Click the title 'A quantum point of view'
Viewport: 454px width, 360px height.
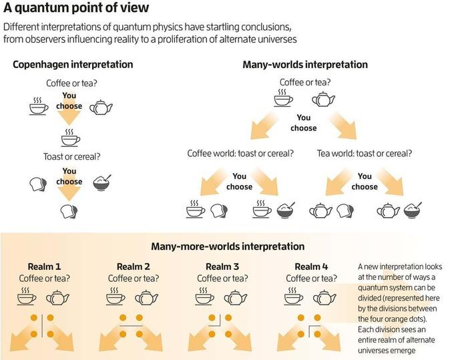[x=76, y=8]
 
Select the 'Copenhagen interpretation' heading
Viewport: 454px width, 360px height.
[x=73, y=64]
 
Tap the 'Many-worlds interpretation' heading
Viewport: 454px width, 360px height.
[x=305, y=64]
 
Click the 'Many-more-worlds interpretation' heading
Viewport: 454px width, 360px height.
[x=228, y=246]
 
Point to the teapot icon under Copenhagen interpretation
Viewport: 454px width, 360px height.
[x=101, y=108]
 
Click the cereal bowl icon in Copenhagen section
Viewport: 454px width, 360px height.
[x=102, y=182]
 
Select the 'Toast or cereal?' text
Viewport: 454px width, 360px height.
[x=72, y=157]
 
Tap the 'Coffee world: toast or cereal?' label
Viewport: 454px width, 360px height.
[x=240, y=154]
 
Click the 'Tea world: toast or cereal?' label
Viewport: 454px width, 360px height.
[x=365, y=154]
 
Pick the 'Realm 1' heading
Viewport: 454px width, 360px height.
[x=44, y=266]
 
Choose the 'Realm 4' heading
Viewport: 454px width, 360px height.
[x=312, y=266]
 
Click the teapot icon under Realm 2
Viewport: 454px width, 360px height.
[x=146, y=297]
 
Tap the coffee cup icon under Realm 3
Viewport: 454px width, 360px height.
[x=205, y=297]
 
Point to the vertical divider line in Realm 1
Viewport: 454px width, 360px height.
[x=42, y=326]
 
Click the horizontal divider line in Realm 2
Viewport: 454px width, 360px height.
[x=131, y=326]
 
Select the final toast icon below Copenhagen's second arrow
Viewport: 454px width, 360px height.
[x=69, y=212]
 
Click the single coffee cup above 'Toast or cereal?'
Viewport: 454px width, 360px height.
[x=71, y=138]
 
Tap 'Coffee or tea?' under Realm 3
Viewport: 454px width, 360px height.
[x=222, y=279]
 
